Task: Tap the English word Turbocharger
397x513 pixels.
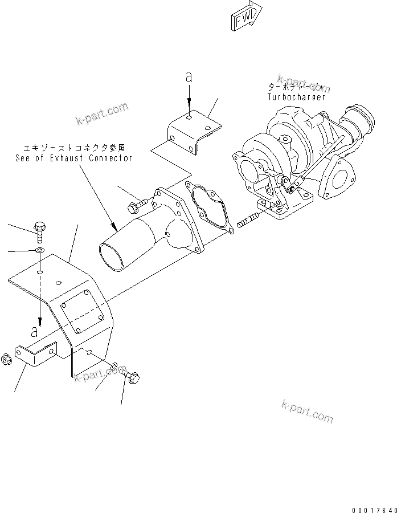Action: (x=296, y=97)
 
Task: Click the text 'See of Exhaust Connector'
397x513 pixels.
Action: (x=74, y=158)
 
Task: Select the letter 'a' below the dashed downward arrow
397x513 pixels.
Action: (x=35, y=331)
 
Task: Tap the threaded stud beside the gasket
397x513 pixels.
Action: (x=245, y=219)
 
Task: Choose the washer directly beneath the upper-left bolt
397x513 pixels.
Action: (x=39, y=251)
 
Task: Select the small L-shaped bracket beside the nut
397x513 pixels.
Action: (x=35, y=355)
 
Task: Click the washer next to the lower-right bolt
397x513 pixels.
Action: (x=115, y=365)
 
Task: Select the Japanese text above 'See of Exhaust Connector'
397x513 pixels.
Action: (x=74, y=147)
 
